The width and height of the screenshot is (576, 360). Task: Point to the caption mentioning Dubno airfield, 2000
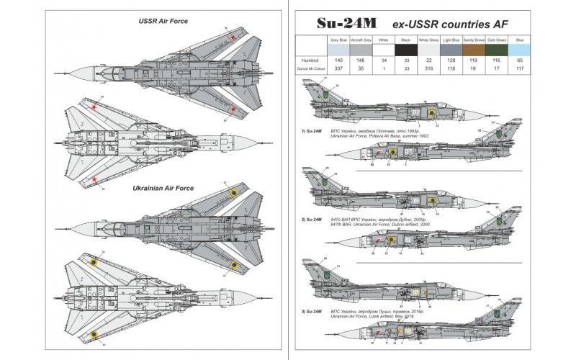372,224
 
